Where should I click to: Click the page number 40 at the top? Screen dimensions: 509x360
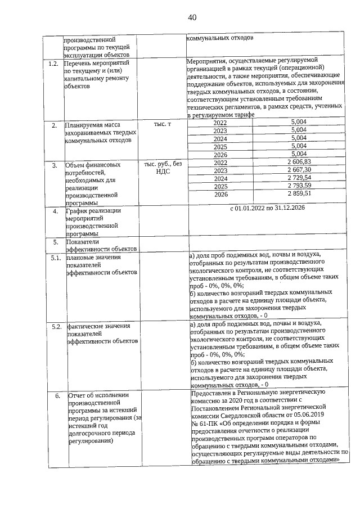point(191,17)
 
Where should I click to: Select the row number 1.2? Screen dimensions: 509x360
point(53,64)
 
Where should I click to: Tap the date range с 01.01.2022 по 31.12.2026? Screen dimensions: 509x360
point(267,209)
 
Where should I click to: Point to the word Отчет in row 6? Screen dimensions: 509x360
point(78,395)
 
